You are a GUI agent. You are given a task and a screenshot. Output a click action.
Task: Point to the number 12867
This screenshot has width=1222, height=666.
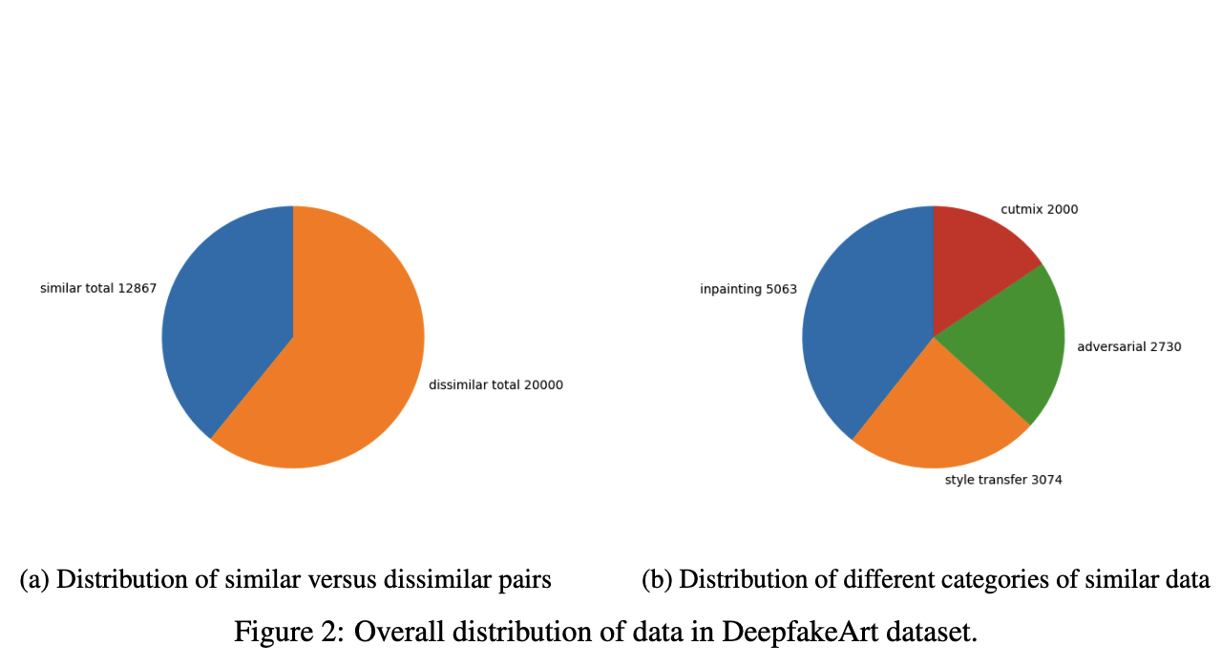click(137, 288)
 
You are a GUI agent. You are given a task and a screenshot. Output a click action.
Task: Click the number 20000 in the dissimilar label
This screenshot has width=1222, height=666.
click(543, 385)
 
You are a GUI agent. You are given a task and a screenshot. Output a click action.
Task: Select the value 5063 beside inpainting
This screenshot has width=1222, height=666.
click(780, 289)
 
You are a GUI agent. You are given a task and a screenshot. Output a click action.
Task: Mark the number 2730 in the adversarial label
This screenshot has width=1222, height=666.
click(1164, 347)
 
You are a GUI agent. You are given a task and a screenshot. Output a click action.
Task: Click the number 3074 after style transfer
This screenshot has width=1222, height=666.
click(1044, 480)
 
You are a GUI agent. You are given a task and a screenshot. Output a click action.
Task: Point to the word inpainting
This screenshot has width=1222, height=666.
click(729, 289)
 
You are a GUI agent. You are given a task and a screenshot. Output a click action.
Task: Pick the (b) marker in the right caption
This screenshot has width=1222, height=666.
click(657, 580)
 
